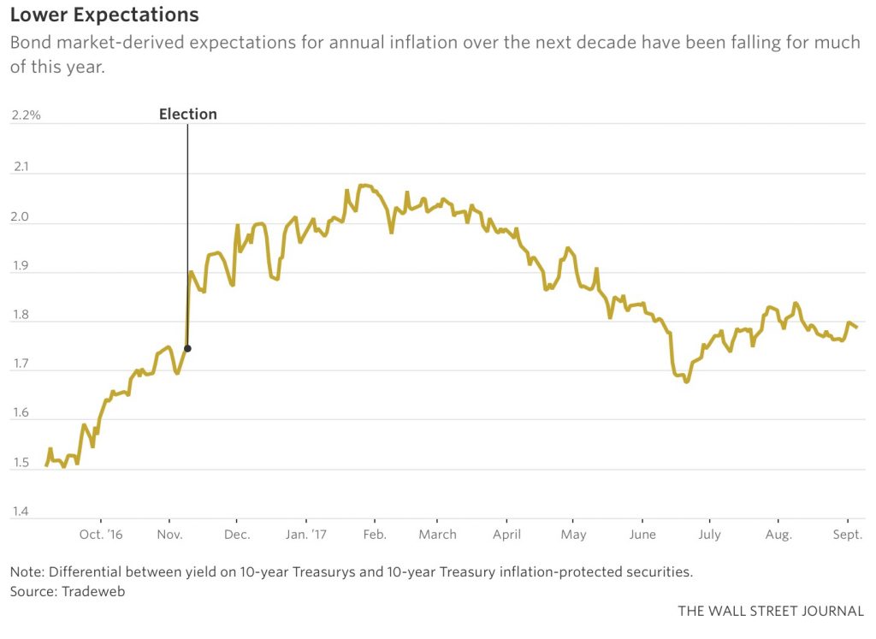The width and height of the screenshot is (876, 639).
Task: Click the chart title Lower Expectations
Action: pos(104,15)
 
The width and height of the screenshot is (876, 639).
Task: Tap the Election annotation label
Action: pos(188,114)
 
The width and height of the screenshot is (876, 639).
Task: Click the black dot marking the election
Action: pos(187,348)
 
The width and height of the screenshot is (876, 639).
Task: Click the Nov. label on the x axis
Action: pos(169,535)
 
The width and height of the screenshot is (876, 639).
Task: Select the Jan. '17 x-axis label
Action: pos(305,535)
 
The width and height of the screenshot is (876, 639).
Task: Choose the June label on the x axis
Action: pos(642,535)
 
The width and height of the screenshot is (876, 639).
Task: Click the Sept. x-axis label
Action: pos(847,535)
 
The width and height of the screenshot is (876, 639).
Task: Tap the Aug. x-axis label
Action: pos(778,535)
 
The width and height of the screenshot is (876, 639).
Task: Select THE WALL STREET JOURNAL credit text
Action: pos(771,612)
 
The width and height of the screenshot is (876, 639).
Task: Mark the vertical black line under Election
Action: pos(187,231)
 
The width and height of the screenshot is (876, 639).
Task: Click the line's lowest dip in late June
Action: pos(686,382)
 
